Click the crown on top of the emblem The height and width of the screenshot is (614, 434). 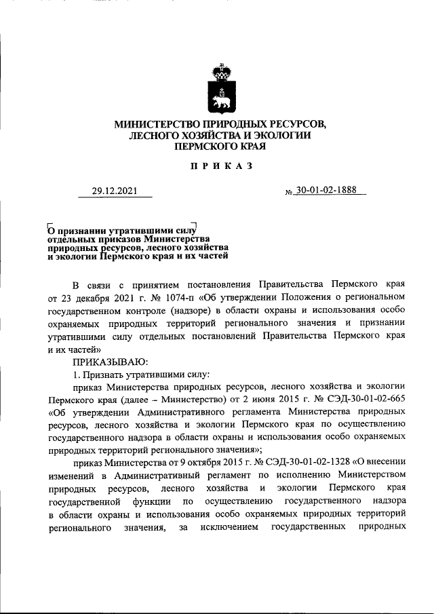click(x=218, y=71)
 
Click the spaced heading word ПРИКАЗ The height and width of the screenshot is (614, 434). click(x=217, y=166)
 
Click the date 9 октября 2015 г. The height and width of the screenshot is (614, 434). click(x=187, y=461)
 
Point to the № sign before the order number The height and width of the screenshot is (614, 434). click(x=289, y=193)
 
